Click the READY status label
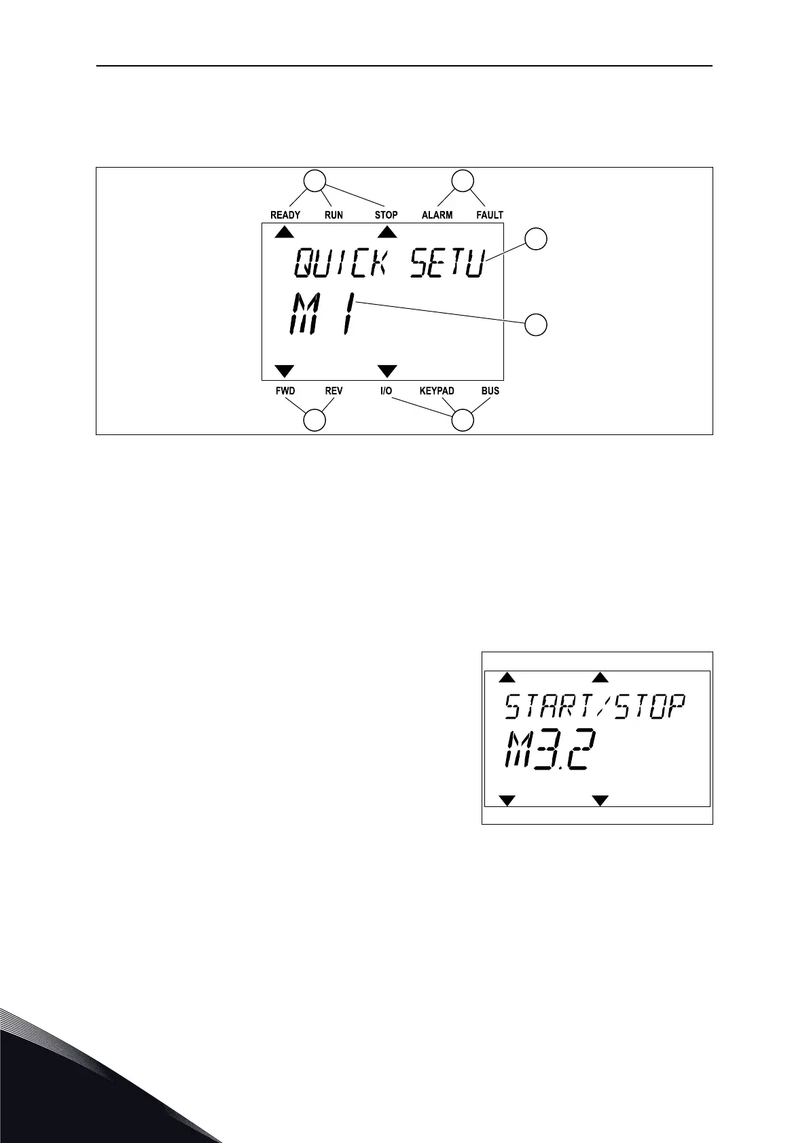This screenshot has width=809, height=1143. (285, 215)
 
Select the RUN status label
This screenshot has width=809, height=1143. (334, 215)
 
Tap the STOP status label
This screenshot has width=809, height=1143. (386, 215)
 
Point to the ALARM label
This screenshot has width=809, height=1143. (437, 215)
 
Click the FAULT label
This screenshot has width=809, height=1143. (490, 215)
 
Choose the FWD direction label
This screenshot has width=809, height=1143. (285, 391)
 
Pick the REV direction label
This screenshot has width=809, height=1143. (334, 391)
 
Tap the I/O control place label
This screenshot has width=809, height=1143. (386, 391)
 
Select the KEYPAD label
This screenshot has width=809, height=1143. (437, 391)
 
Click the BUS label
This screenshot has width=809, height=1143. (490, 391)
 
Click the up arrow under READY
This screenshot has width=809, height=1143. (285, 232)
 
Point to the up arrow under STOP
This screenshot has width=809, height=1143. (387, 232)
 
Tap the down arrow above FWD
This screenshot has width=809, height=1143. (285, 371)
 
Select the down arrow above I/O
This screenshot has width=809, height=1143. (387, 371)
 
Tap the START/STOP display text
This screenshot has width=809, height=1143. (595, 707)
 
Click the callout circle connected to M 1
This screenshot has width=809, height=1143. (536, 325)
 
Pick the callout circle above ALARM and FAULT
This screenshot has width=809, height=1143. (463, 181)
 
